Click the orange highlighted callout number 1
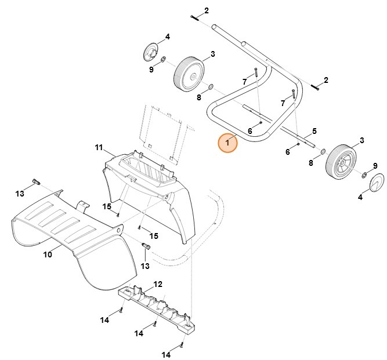[227, 143]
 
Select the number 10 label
[48, 254]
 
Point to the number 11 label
[99, 147]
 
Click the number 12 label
[158, 284]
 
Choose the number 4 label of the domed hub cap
[360, 198]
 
